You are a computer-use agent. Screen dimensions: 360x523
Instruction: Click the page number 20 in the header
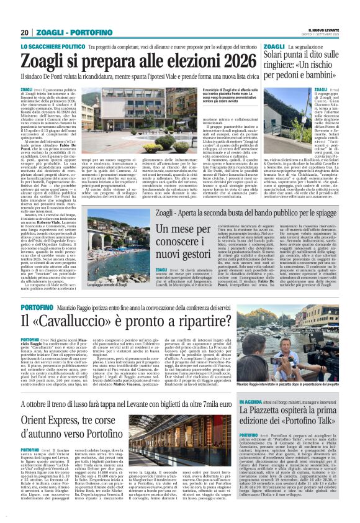coord(24,32)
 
